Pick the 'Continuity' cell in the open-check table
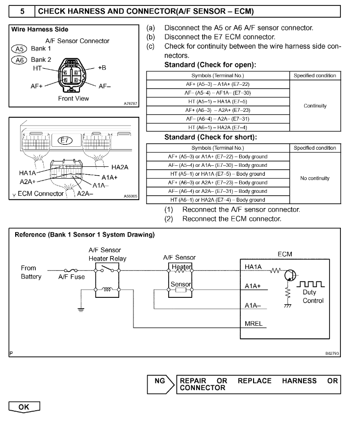315,106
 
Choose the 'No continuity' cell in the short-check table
315,178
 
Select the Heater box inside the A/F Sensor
181,266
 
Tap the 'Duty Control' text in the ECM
313,296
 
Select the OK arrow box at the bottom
24,407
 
